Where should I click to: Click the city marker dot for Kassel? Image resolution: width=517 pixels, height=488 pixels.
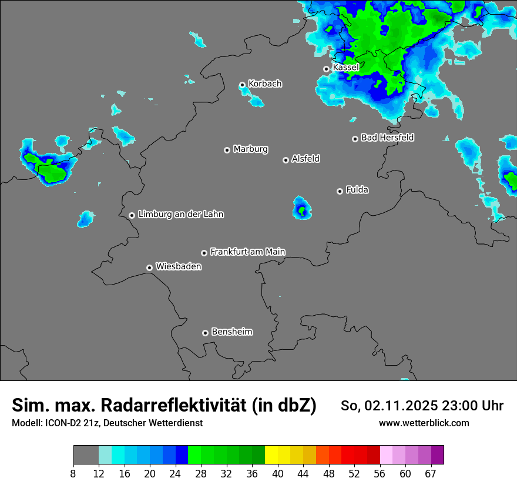[326, 69]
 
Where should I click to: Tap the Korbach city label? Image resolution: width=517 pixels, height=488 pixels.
[265, 83]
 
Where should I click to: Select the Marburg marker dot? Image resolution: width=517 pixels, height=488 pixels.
[227, 150]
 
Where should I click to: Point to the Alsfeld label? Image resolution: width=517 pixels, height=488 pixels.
[305, 159]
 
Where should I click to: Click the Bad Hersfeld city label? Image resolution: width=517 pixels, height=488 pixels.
[387, 138]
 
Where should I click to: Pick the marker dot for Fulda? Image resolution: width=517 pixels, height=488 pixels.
[340, 191]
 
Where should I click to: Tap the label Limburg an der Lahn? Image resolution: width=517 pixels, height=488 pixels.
[180, 215]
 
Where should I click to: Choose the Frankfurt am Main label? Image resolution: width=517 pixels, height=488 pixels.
[247, 252]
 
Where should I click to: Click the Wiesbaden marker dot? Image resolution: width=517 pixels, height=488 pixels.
[149, 268]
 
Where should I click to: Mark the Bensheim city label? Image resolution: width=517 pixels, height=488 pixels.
[231, 332]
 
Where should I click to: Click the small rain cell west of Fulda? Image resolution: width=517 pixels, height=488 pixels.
[302, 208]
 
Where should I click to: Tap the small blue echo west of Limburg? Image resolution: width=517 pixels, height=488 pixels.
[86, 219]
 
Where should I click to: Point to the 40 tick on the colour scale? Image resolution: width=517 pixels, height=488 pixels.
[278, 473]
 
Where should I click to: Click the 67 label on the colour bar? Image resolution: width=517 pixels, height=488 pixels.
[431, 473]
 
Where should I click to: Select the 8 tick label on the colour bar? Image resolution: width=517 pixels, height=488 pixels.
[73, 473]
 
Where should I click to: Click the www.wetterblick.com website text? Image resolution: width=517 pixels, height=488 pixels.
[424, 423]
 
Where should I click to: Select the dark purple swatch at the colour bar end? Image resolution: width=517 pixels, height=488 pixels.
[437, 454]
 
